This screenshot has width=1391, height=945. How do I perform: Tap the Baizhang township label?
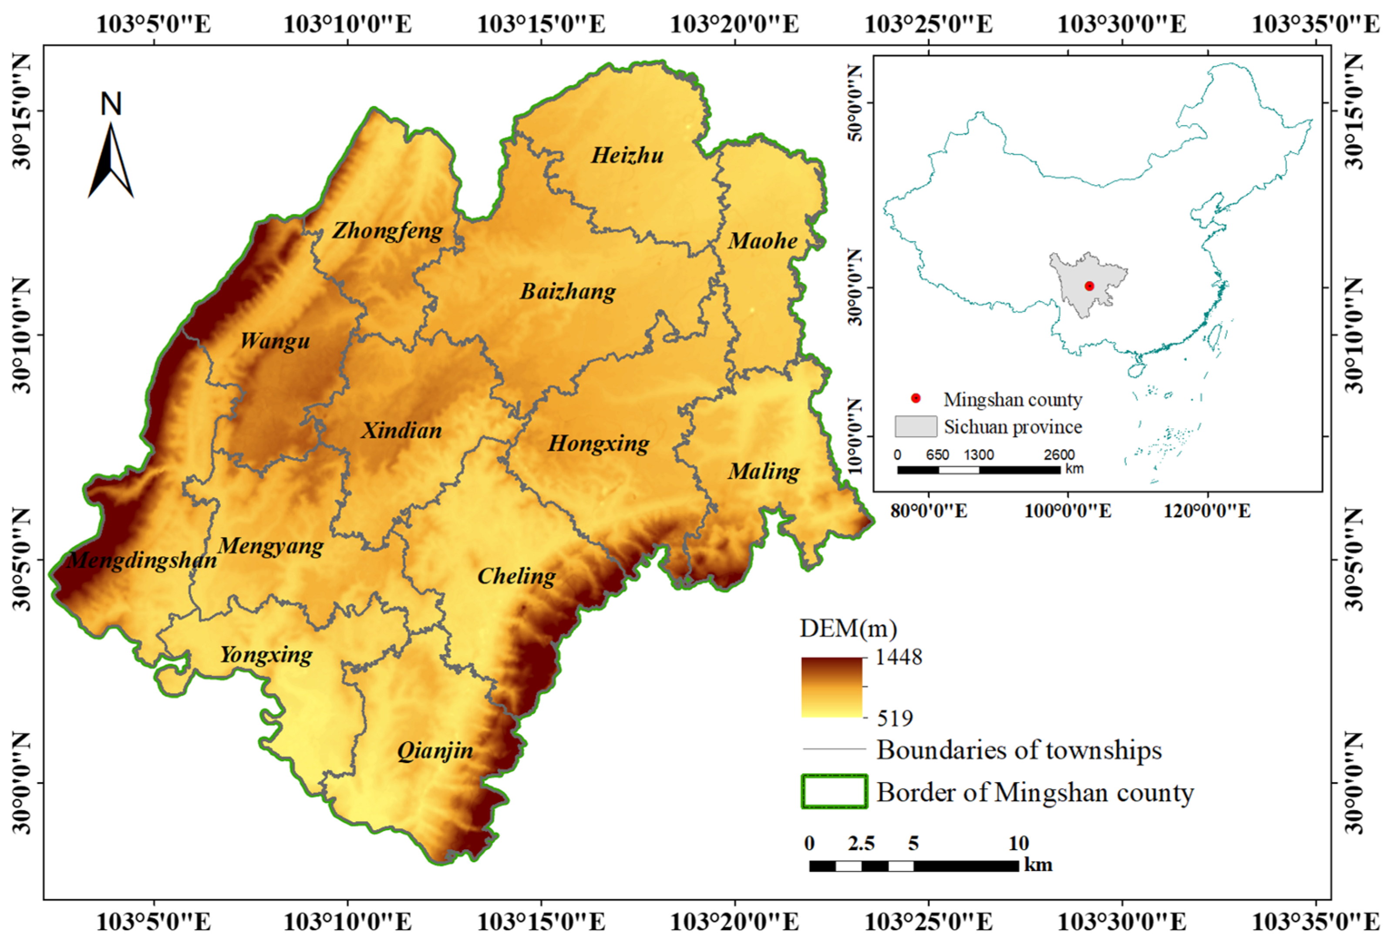[567, 292]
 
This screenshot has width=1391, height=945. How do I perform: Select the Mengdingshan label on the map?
[142, 560]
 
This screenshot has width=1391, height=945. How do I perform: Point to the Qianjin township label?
[435, 750]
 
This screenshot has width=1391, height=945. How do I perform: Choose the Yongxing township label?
[266, 655]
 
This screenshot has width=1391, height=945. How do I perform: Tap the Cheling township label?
[516, 576]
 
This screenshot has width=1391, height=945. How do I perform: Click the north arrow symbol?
[111, 159]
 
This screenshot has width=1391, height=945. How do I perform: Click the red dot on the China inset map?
[1089, 286]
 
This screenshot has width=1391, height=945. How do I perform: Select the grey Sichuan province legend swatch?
[916, 426]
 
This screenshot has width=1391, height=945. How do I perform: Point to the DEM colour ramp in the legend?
[832, 687]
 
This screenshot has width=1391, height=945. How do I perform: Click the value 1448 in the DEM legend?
[899, 657]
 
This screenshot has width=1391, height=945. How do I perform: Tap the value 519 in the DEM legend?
[895, 718]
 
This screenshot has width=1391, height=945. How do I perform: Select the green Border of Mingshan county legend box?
[834, 791]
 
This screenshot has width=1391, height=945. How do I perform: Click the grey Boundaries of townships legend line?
[834, 749]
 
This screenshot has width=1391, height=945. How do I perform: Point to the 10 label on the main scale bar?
[1018, 843]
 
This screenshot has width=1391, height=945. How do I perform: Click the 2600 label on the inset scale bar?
[1059, 455]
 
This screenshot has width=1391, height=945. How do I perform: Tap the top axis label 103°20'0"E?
[734, 24]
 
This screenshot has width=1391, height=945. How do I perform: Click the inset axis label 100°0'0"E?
[1068, 511]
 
